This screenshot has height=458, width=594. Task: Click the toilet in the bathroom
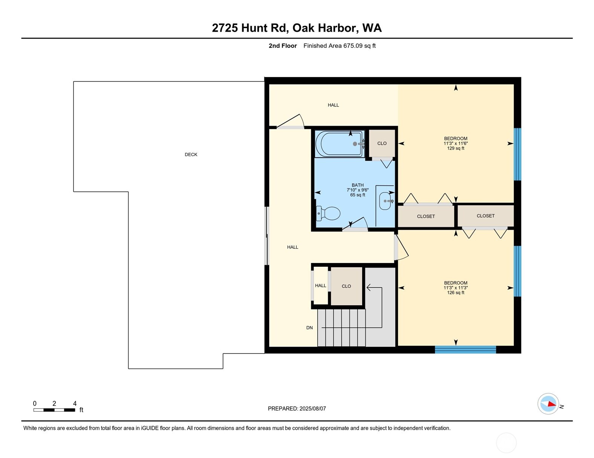[x=329, y=213]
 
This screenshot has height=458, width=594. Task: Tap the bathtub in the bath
[x=338, y=144]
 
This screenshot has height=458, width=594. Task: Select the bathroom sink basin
[x=385, y=201]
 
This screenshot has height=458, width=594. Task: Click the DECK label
[x=191, y=155]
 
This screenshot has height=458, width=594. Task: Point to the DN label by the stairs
[x=309, y=328]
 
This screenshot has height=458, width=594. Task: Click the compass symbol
[x=548, y=404]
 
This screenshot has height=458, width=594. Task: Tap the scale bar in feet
[x=54, y=410]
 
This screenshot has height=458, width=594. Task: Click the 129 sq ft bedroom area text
[x=456, y=148]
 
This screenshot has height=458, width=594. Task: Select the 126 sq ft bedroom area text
[x=456, y=292]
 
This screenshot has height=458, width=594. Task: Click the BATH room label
[x=358, y=185]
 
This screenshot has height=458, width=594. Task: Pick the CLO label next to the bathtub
[x=382, y=143]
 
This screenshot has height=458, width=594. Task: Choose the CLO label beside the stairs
[x=346, y=286]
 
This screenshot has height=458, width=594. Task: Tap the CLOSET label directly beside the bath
[x=426, y=216]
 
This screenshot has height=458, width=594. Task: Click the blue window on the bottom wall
[x=465, y=350]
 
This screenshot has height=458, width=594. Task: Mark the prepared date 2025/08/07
[x=297, y=408]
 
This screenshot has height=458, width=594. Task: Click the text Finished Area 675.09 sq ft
[x=339, y=46]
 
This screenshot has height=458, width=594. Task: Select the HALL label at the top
[x=333, y=105]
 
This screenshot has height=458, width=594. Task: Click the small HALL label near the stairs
[x=320, y=286]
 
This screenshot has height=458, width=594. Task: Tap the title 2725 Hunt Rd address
[x=297, y=28]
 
